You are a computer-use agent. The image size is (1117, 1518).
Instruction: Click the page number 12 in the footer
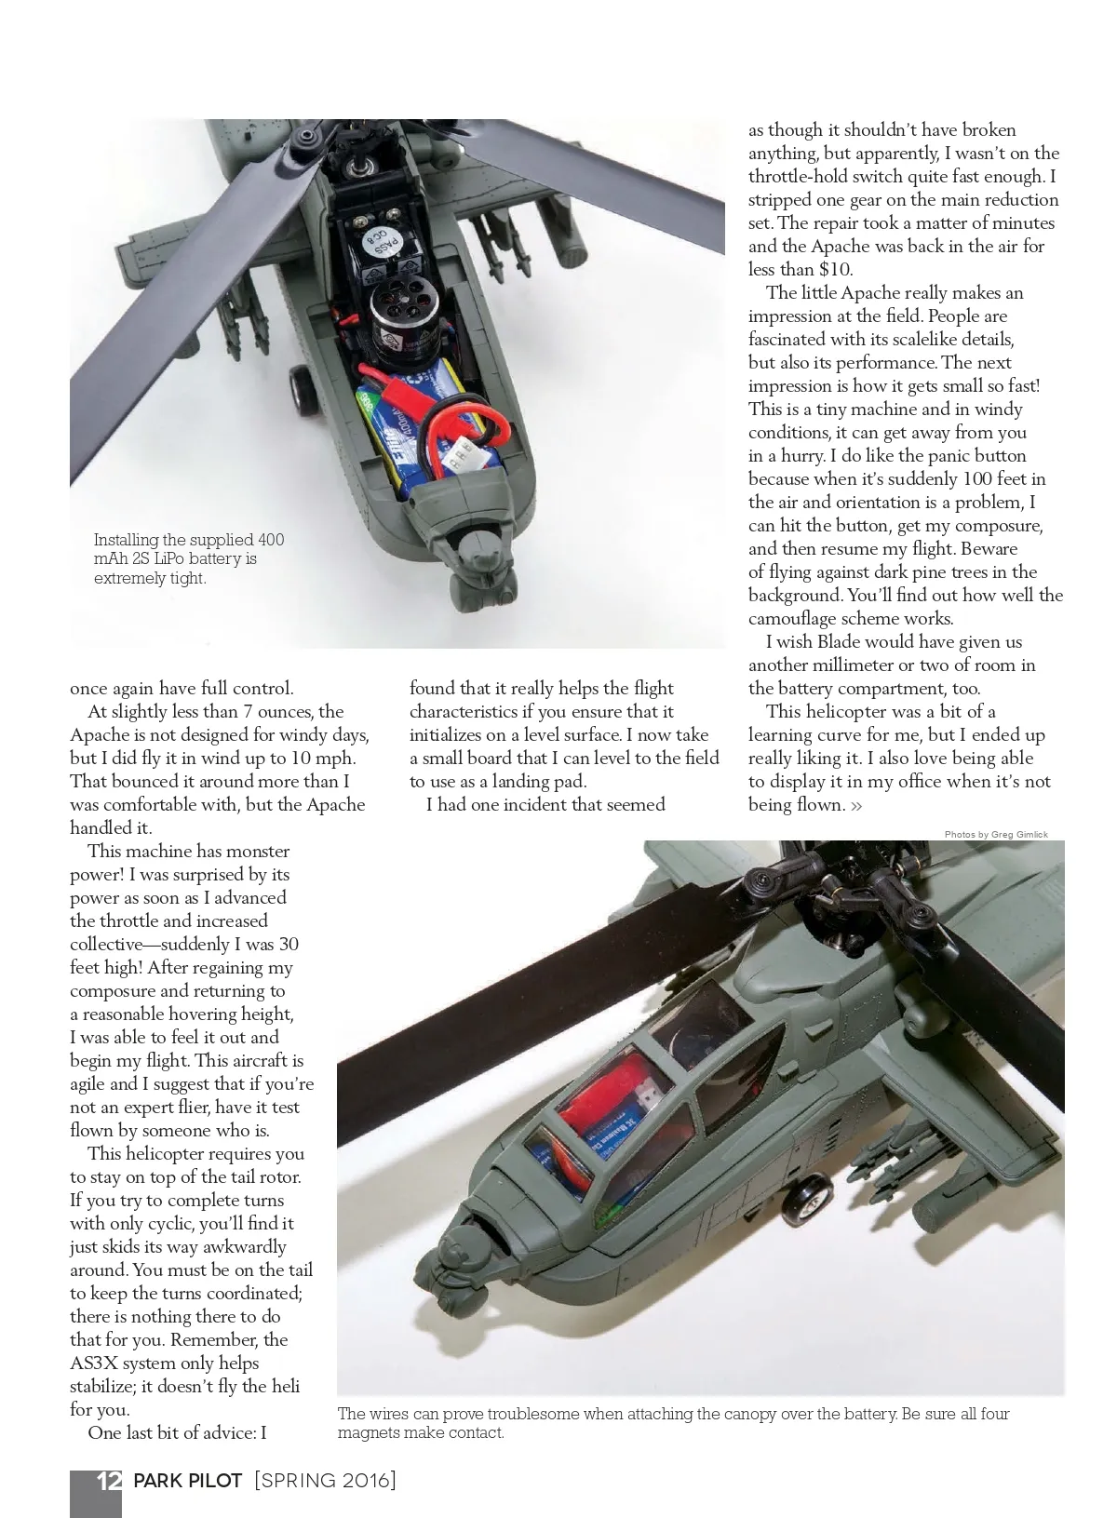(x=109, y=1481)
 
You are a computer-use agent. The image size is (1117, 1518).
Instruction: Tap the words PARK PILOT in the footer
(x=188, y=1481)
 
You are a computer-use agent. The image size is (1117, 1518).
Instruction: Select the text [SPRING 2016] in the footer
(x=325, y=1481)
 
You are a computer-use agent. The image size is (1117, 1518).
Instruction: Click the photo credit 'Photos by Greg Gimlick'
(x=995, y=834)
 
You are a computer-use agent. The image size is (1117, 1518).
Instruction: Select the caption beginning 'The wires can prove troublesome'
(x=672, y=1423)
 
